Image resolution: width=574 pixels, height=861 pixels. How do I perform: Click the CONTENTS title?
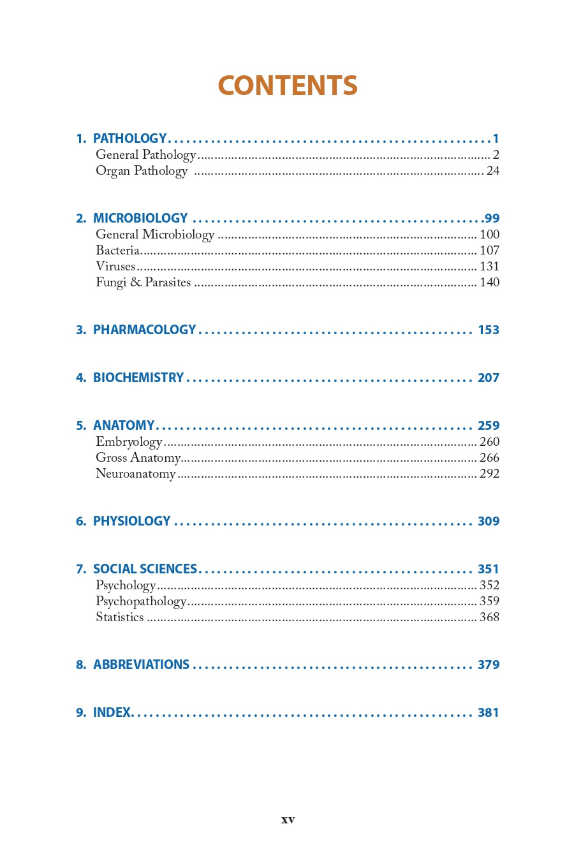[288, 85]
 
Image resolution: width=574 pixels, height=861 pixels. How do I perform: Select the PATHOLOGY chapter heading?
[129, 138]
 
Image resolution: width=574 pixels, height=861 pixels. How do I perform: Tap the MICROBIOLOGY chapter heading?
[140, 218]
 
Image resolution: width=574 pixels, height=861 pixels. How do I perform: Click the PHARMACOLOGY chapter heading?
[144, 330]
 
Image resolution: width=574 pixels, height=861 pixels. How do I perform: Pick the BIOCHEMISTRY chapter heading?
[138, 378]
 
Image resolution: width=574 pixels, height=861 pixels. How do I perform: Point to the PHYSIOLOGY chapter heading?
[132, 521]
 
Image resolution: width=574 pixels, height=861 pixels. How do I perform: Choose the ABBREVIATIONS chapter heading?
[141, 665]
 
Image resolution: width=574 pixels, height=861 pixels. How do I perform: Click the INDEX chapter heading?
[112, 712]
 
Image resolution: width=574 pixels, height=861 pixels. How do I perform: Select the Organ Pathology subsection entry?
[142, 171]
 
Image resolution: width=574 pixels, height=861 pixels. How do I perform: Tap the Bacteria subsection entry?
[118, 250]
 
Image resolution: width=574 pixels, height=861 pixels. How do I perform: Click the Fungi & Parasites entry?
[143, 282]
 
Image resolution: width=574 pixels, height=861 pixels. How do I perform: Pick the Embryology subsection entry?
[129, 442]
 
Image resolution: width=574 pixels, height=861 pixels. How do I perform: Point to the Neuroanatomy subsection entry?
[135, 474]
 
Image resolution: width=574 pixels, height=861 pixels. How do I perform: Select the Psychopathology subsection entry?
[141, 601]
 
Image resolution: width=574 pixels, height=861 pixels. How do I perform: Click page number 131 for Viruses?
[489, 266]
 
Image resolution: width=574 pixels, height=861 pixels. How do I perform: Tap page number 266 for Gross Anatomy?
[489, 457]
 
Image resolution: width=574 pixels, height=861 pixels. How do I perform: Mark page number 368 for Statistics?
[489, 617]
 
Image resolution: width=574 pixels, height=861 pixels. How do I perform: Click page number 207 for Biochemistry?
[489, 378]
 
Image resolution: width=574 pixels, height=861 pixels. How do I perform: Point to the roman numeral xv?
[288, 820]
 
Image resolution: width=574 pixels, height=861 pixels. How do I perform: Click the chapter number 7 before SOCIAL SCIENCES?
[80, 569]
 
